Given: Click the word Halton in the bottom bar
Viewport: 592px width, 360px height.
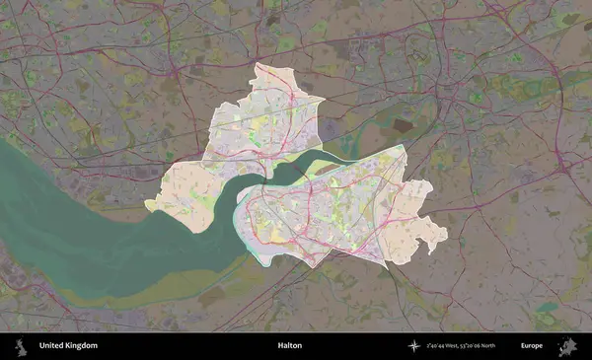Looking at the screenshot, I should (x=289, y=346).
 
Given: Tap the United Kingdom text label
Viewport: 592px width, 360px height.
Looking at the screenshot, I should (x=68, y=346).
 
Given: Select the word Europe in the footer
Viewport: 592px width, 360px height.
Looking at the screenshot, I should (x=532, y=346).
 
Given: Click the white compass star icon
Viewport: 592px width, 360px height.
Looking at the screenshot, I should (x=414, y=346).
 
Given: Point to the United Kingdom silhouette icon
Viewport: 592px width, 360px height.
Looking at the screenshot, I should (x=20, y=346).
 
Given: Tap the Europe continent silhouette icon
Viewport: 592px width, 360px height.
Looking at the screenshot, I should (x=567, y=346).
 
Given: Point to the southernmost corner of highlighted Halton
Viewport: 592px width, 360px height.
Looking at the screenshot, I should (x=313, y=266).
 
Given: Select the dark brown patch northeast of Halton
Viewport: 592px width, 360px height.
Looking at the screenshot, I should (x=403, y=125).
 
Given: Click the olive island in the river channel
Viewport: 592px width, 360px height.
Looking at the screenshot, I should (x=326, y=170).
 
